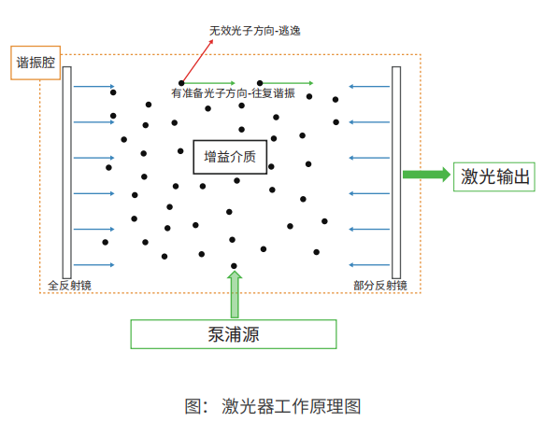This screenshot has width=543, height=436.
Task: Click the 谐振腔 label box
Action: coord(36,63)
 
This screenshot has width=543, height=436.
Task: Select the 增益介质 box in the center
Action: coord(230,157)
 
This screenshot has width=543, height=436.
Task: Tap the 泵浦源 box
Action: coord(234,334)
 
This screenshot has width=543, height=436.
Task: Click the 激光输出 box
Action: coord(494,176)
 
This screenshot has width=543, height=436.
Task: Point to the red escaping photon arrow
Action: coord(197,62)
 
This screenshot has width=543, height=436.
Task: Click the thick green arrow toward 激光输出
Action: coord(426,174)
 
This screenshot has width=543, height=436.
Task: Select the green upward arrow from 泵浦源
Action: coord(235,294)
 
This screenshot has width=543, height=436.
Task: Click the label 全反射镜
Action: coord(69,286)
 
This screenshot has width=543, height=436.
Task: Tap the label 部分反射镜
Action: coord(379,286)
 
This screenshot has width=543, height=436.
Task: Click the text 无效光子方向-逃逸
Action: coord(255,31)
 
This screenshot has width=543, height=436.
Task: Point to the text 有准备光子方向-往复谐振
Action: coord(233,93)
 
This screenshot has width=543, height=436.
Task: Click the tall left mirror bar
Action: coord(67,173)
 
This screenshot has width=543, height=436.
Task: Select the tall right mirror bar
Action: coord(396,173)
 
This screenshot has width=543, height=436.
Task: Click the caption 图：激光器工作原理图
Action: coord(273,406)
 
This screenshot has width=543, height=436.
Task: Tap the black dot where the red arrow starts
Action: coord(181,83)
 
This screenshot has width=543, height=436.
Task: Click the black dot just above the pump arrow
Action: coord(234,266)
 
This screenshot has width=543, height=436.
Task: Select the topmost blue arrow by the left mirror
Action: coord(93,86)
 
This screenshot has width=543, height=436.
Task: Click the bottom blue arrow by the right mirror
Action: coord(369,265)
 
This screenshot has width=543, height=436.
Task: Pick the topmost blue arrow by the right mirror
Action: coord(369,86)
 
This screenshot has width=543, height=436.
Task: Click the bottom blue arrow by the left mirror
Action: coord(93,265)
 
